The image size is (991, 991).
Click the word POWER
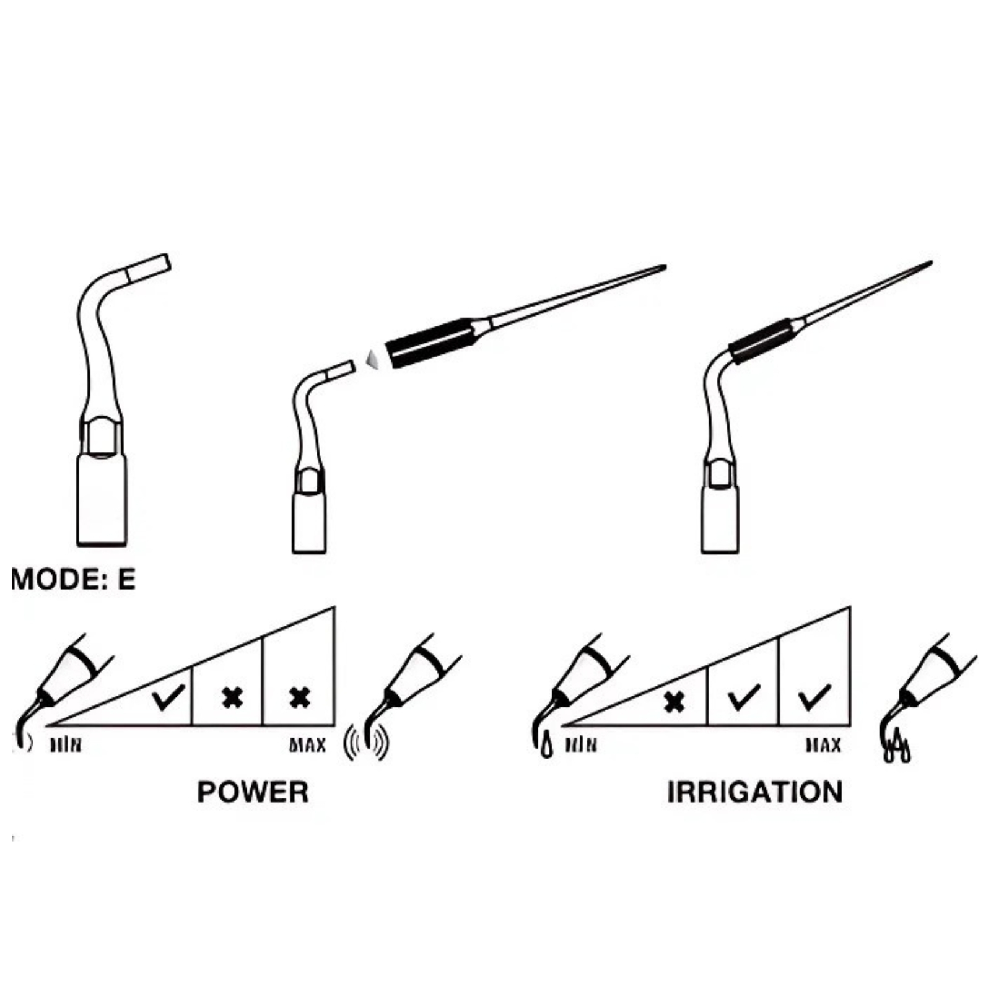(253, 792)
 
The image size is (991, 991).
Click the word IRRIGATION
(754, 792)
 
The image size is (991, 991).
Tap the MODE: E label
(73, 579)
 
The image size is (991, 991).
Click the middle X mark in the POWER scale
(232, 698)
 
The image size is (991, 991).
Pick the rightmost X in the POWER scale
(300, 698)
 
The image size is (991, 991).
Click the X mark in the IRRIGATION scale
(674, 702)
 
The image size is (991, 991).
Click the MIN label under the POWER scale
(66, 744)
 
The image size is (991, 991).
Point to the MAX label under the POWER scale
(308, 744)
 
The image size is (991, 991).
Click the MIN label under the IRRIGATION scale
(581, 744)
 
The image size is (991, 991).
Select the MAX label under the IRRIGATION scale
(823, 744)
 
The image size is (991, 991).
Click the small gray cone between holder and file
(372, 359)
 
